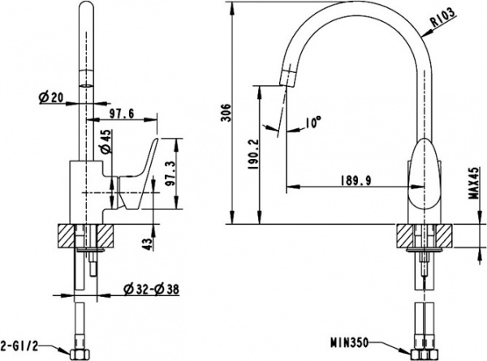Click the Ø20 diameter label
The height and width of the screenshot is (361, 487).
pos(51,98)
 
